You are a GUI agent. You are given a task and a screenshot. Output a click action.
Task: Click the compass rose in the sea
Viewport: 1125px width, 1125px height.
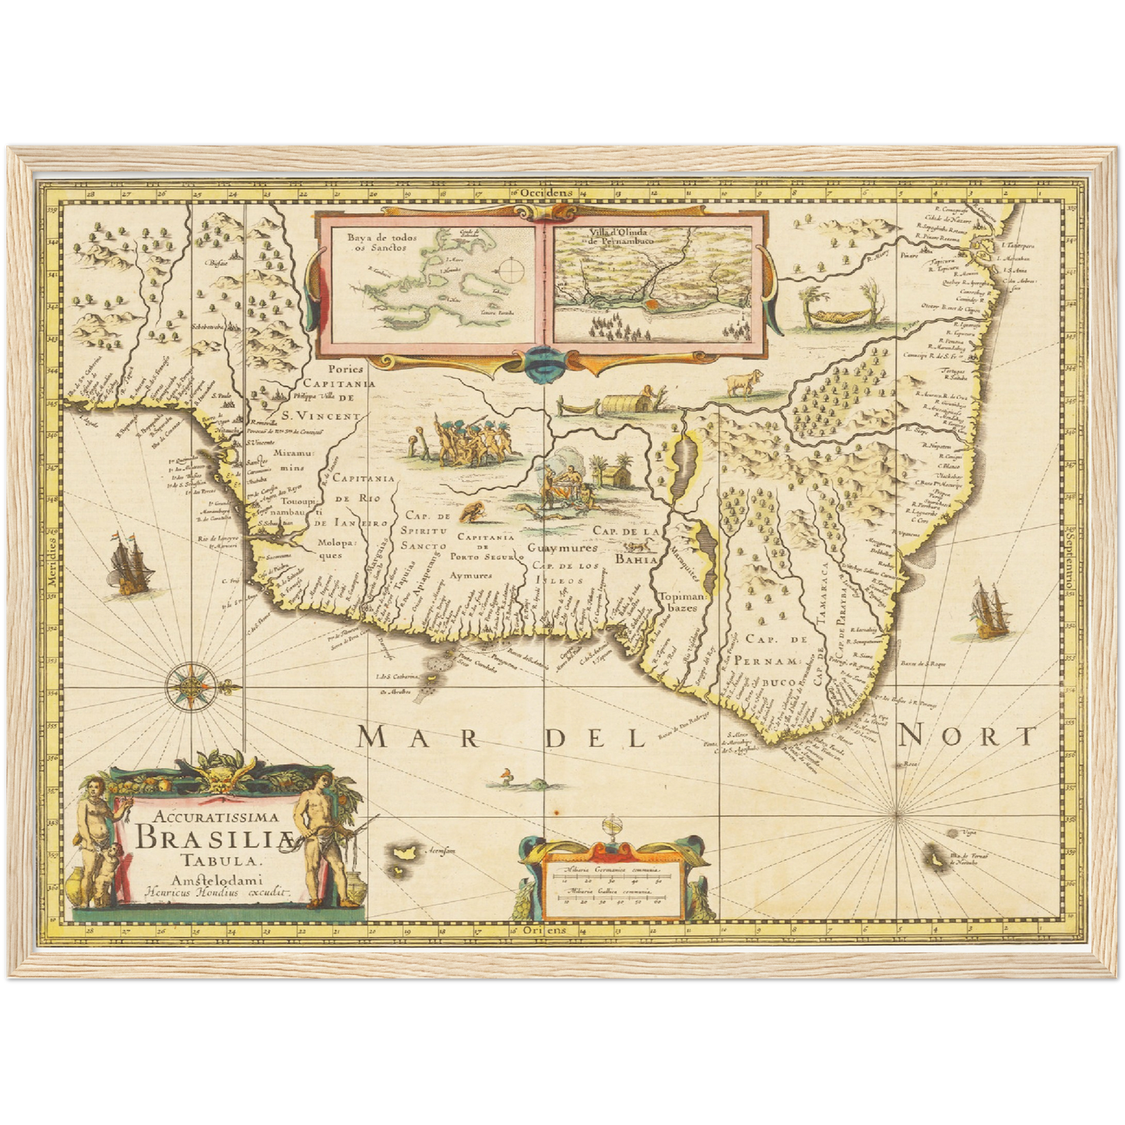coord(190,686)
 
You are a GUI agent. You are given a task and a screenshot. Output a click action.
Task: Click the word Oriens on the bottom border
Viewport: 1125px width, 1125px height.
coord(543,930)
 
